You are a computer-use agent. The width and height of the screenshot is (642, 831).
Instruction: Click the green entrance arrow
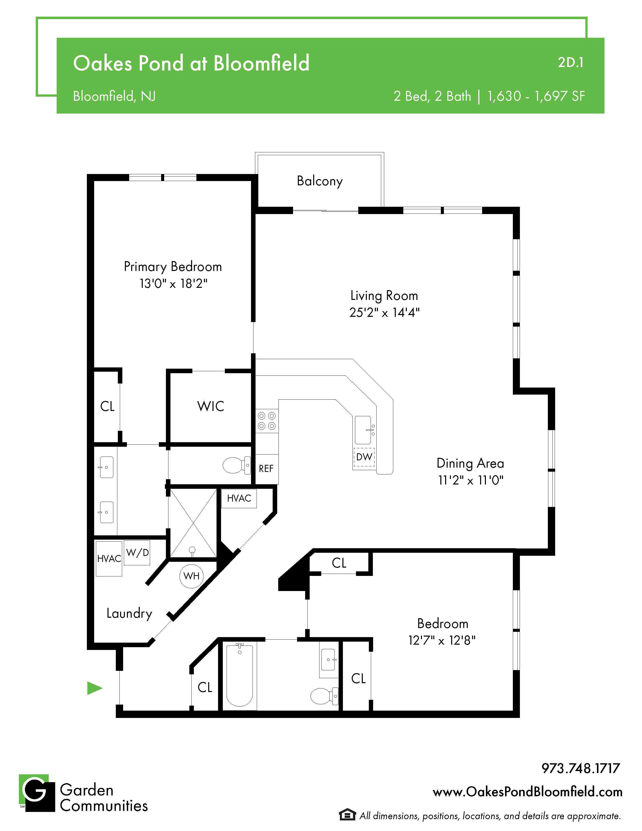point(94,688)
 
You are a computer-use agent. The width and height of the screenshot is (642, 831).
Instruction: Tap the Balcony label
point(319,181)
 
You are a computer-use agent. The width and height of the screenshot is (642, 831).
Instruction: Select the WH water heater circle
point(191,576)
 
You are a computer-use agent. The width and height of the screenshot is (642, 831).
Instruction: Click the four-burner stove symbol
point(267,421)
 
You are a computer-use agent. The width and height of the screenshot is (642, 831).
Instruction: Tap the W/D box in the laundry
point(137,553)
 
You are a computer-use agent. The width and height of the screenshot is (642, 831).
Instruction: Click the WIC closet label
point(211,406)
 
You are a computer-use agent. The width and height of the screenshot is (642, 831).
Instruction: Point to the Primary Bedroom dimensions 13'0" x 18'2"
point(173,284)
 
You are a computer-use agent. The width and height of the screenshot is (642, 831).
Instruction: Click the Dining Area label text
point(471,463)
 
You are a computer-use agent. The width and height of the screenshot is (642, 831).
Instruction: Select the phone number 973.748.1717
point(581,768)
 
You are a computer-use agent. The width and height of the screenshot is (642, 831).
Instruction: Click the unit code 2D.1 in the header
point(570,62)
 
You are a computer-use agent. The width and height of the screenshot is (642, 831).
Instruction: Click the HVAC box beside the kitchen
point(239,498)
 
